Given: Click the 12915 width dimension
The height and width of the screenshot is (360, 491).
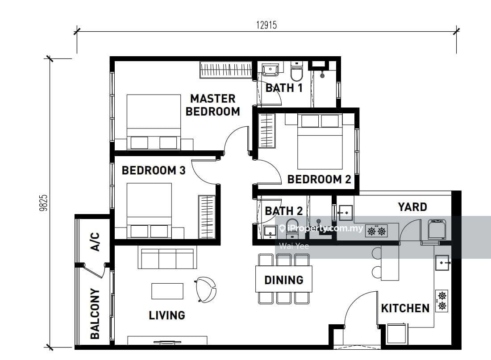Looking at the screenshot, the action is click(266, 25).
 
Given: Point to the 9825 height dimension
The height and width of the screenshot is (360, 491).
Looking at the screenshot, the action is click(44, 203).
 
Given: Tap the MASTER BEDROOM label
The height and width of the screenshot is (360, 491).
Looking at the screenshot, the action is click(212, 105).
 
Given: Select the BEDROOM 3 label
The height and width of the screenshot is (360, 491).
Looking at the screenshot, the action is click(154, 170).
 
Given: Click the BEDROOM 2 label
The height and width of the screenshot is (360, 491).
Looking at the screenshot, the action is click(319, 179).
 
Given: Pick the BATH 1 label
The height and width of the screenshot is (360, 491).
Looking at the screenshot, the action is click(284, 88).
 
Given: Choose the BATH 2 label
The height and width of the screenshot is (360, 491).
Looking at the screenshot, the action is click(284, 211).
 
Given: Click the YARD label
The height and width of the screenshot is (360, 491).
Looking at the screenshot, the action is click(412, 207).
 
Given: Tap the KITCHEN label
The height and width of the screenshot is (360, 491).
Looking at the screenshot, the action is click(405, 308).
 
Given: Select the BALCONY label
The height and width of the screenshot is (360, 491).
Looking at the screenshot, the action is click(95, 314).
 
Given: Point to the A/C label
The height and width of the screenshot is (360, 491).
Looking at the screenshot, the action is click(95, 242).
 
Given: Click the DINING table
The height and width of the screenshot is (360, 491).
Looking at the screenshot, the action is click(284, 279).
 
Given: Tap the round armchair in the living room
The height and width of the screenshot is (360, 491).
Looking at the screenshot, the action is click(206, 290).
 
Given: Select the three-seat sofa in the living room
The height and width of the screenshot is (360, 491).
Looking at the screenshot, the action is click(167, 258).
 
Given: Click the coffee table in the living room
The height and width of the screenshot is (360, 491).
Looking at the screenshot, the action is click(167, 291).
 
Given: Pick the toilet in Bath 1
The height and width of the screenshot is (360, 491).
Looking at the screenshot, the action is click(296, 71).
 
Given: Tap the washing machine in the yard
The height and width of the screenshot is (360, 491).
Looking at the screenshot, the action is click(437, 229).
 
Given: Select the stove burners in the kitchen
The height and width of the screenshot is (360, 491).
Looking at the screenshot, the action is click(442, 300).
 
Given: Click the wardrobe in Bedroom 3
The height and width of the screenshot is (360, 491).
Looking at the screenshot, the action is click(207, 217).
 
